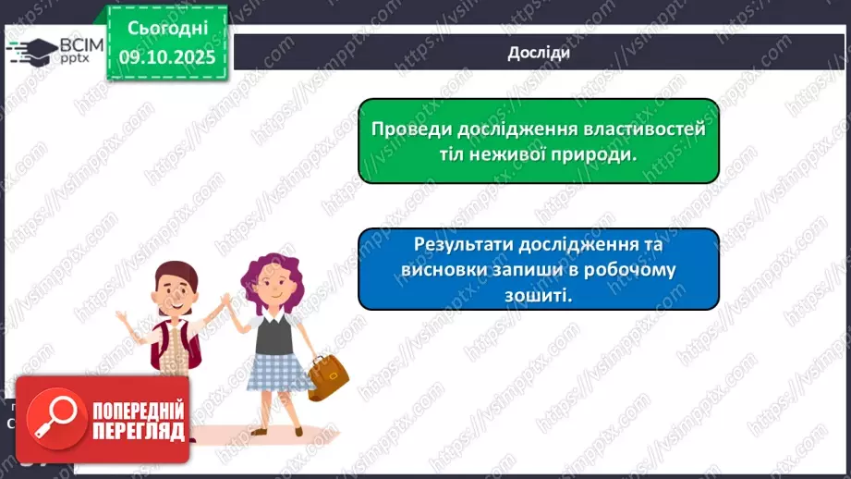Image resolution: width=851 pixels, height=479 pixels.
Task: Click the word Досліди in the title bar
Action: (x=538, y=53)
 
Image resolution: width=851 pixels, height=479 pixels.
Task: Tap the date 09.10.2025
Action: (x=166, y=57)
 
